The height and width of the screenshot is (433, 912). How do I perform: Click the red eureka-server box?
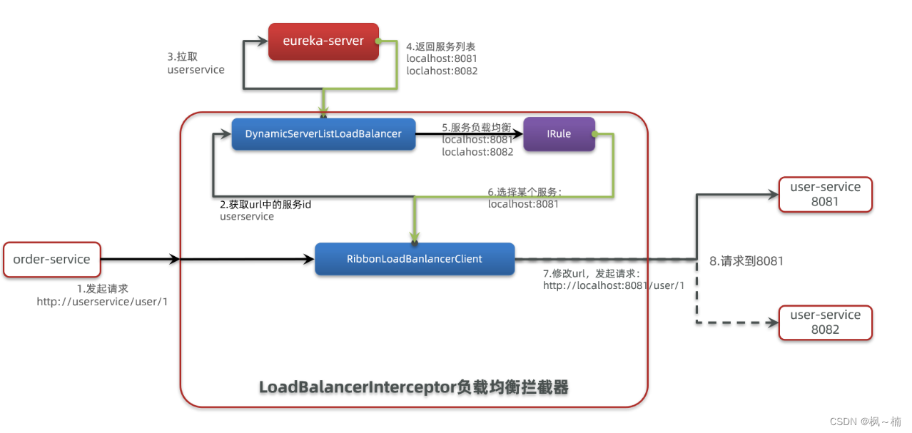point(323,41)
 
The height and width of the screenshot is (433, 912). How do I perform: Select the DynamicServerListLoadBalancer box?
point(323,134)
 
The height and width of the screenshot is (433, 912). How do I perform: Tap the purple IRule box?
point(559,134)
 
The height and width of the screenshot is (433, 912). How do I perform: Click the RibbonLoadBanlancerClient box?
point(415,259)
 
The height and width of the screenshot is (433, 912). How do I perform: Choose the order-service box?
point(51,259)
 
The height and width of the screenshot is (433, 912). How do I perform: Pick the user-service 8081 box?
point(825,194)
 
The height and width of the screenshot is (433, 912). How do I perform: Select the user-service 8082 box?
point(825,322)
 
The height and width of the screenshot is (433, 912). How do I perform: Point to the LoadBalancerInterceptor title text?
point(414,387)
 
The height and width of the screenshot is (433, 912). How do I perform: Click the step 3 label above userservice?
point(183,56)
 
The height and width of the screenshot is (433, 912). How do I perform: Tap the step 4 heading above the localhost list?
point(440,46)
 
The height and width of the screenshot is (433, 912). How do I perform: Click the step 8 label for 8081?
point(746,261)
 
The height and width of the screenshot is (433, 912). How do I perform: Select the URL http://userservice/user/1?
point(102,302)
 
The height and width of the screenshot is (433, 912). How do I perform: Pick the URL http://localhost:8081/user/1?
point(614,285)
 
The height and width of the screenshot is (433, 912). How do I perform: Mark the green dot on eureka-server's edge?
point(378,41)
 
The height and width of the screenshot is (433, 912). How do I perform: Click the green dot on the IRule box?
point(594,134)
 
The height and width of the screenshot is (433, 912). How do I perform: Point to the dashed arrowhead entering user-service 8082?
point(772,322)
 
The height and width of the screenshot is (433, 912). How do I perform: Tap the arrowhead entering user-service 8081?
point(772,195)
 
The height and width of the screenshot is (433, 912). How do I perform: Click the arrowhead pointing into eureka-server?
point(262,41)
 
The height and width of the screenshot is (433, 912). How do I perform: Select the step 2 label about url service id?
point(265,204)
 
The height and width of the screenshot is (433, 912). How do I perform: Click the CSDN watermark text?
point(865,422)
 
